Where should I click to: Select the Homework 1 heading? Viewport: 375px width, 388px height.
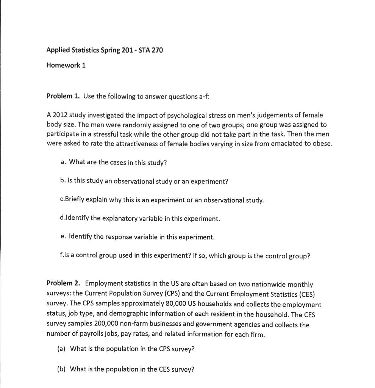66,65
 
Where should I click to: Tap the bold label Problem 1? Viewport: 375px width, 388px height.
63,96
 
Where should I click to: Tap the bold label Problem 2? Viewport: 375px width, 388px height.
63,283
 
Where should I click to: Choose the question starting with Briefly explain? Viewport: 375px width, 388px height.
162,200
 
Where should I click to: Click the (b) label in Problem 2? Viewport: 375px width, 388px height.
61,369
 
